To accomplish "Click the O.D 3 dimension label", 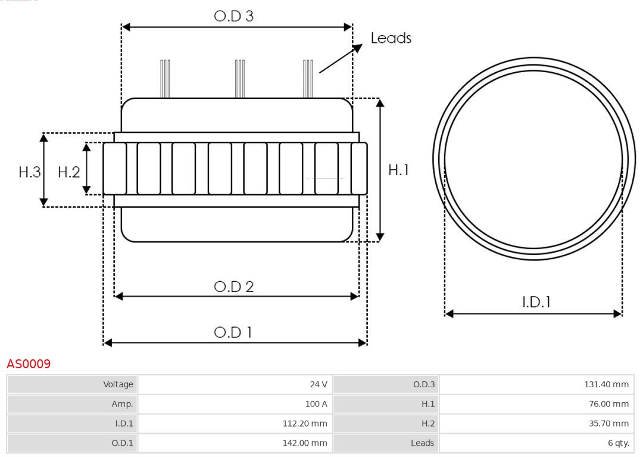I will tap(233, 16).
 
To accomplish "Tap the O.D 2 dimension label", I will tap(233, 287).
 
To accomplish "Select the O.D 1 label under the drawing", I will tap(233, 332).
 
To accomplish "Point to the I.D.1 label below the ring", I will tap(536, 302).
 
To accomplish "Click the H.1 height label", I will tap(398, 170).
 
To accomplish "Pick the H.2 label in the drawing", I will tap(68, 172).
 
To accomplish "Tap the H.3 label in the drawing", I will tap(29, 172).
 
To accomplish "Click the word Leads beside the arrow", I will tap(391, 38).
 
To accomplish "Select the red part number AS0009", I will tap(29, 363).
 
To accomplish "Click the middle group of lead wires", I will tap(239, 79).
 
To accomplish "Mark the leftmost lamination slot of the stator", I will tap(114, 169).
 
